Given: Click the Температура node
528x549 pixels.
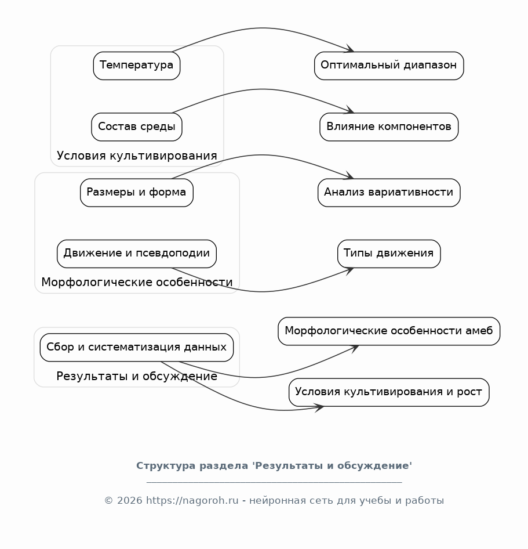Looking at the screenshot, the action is (137, 66).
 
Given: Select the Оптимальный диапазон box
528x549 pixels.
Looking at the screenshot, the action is (389, 66).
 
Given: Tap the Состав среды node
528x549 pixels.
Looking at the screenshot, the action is (137, 127).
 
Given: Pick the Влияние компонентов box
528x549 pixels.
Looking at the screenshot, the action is (389, 127).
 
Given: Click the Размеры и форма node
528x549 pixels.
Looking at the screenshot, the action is (137, 193).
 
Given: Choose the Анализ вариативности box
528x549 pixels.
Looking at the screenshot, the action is (389, 193).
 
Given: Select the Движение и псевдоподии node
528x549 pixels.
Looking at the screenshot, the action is (137, 254).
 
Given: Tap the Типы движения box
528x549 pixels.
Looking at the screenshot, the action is (389, 254).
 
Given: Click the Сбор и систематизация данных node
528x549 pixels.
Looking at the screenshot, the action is (137, 347).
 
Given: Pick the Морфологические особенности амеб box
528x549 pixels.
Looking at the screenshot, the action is (389, 331).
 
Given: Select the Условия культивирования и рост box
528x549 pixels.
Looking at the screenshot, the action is (389, 392).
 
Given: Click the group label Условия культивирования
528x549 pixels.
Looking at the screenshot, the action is (137, 156).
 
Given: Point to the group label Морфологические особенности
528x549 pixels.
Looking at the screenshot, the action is (137, 282).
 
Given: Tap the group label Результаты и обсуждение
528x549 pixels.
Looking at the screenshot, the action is (137, 376).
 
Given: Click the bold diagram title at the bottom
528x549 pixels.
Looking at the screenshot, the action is (274, 465).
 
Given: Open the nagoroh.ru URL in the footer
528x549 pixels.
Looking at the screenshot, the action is (192, 500).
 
